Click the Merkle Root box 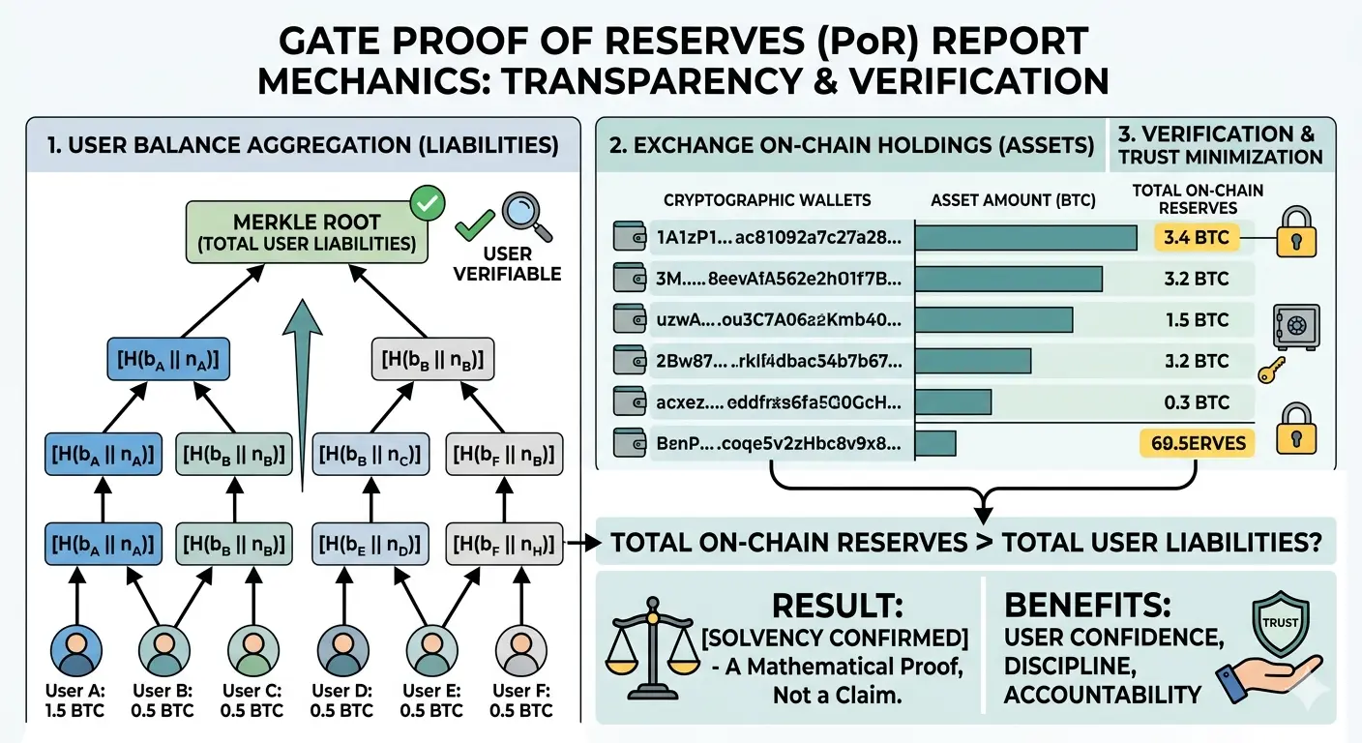tap(306, 231)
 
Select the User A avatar tap(74, 650)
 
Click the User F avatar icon tap(520, 650)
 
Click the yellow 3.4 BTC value tap(1198, 237)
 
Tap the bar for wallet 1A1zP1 tap(1025, 238)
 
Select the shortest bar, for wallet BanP tap(935, 443)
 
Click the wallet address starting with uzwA tap(780, 320)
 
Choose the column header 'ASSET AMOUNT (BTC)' tap(1013, 201)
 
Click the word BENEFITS tap(1087, 607)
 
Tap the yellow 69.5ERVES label tap(1198, 443)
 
